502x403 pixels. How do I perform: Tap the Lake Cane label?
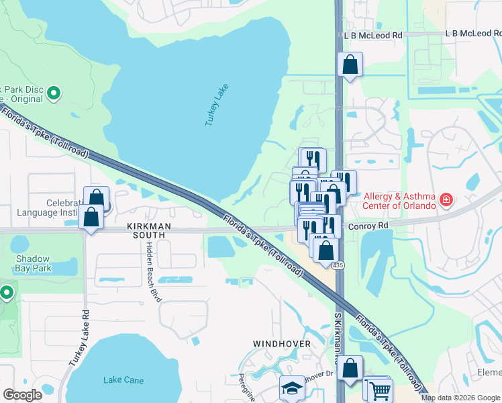point(123,380)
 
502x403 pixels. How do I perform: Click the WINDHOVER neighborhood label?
point(282,344)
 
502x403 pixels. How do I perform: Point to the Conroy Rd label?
point(369,227)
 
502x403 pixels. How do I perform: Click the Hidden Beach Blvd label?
point(151,272)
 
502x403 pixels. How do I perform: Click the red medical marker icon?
point(446,199)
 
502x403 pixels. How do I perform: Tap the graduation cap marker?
point(292,388)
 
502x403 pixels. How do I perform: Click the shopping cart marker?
point(379,390)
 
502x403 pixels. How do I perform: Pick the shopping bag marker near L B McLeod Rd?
point(350,65)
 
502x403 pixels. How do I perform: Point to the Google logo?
point(23,395)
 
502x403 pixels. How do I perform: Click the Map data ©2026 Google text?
point(461,398)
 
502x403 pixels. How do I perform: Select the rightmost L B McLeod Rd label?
point(474,34)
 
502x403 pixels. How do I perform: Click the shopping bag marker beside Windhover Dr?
point(350,369)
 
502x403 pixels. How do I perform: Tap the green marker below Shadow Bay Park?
point(7,293)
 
